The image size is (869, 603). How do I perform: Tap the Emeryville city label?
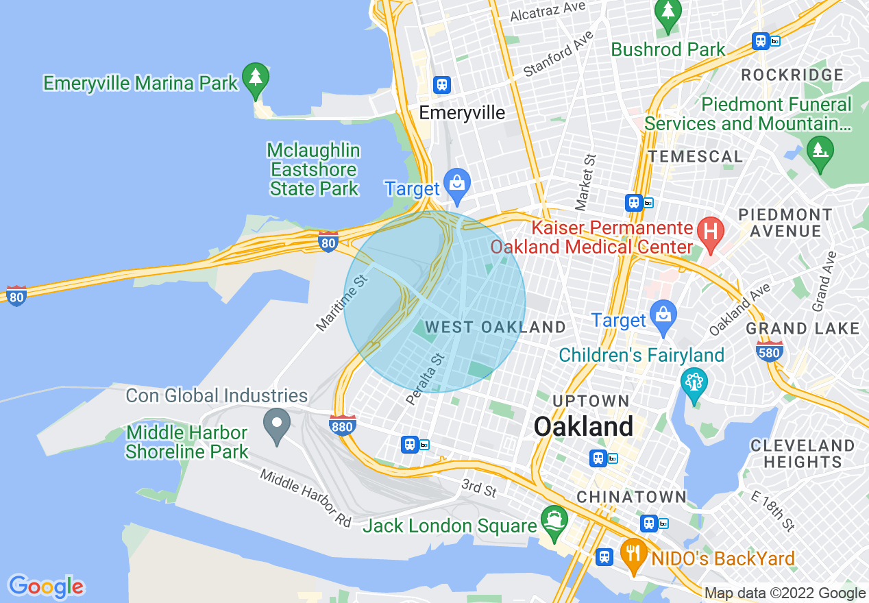coord(462,113)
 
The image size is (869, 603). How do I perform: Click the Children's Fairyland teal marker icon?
coord(694,382)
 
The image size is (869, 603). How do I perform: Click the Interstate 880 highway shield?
coord(342,425)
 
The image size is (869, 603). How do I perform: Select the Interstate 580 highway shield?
coord(770,351)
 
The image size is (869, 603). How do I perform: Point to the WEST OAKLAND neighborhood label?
coord(495,328)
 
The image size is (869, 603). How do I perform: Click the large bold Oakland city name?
coord(584,427)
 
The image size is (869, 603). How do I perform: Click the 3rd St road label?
coord(479,489)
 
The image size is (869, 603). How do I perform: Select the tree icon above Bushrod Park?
coord(667,12)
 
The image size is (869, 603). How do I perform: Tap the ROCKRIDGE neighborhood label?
coord(792,75)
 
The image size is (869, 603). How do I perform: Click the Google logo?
coord(46,587)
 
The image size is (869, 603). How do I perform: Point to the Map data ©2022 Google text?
coord(785,593)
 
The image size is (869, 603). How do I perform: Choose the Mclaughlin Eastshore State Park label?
coord(314,169)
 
